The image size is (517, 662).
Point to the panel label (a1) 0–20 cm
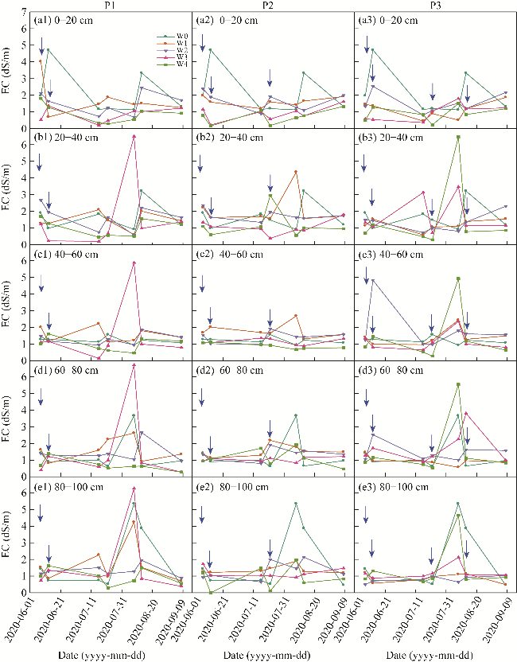point(63,21)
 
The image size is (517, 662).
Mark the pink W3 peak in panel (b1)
point(134,136)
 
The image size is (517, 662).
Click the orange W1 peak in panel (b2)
point(296,172)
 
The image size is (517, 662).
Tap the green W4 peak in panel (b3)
point(458,138)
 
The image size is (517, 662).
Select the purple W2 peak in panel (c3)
point(373,280)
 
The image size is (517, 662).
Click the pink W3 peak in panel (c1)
point(134,263)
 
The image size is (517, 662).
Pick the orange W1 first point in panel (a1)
point(41,61)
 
